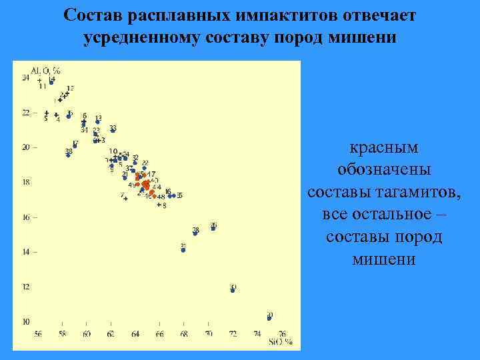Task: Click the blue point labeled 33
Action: point(113,131)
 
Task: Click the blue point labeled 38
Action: point(68,155)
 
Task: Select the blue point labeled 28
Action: point(195,233)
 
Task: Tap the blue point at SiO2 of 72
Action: point(233,291)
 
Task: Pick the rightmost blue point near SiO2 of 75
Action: point(269,319)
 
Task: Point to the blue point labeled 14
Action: point(51,82)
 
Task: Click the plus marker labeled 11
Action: point(40,80)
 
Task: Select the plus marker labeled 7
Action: point(125,198)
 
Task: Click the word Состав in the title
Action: point(91,14)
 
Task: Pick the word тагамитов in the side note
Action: point(416,193)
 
